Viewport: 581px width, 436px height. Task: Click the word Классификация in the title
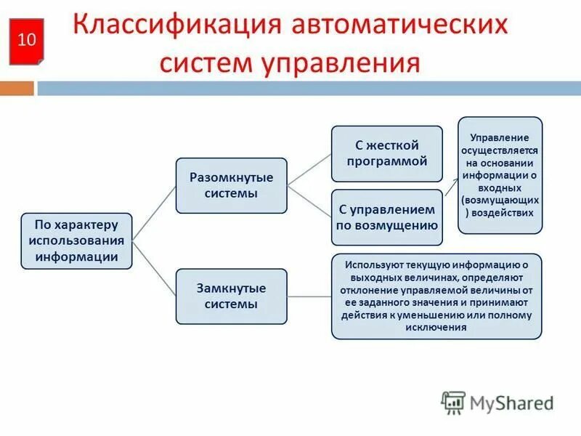[179, 26]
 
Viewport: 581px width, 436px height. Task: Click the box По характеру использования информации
[76, 241]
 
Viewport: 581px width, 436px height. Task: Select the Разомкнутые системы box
[231, 185]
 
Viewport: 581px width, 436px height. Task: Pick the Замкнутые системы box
[231, 296]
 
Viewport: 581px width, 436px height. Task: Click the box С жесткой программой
[386, 153]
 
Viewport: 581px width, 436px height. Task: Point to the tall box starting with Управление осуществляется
[500, 174]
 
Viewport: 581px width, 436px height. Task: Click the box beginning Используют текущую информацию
[436, 296]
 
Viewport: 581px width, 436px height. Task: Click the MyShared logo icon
[453, 402]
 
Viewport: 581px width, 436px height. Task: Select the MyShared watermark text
[512, 403]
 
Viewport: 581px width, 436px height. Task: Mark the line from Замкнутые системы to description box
[309, 296]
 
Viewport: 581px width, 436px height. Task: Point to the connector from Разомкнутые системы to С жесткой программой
[309, 169]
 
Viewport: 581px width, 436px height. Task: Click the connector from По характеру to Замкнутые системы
[155, 269]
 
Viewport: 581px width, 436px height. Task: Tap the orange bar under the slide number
[17, 89]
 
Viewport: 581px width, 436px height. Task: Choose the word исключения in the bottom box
[436, 328]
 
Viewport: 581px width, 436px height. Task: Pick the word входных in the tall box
[500, 187]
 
